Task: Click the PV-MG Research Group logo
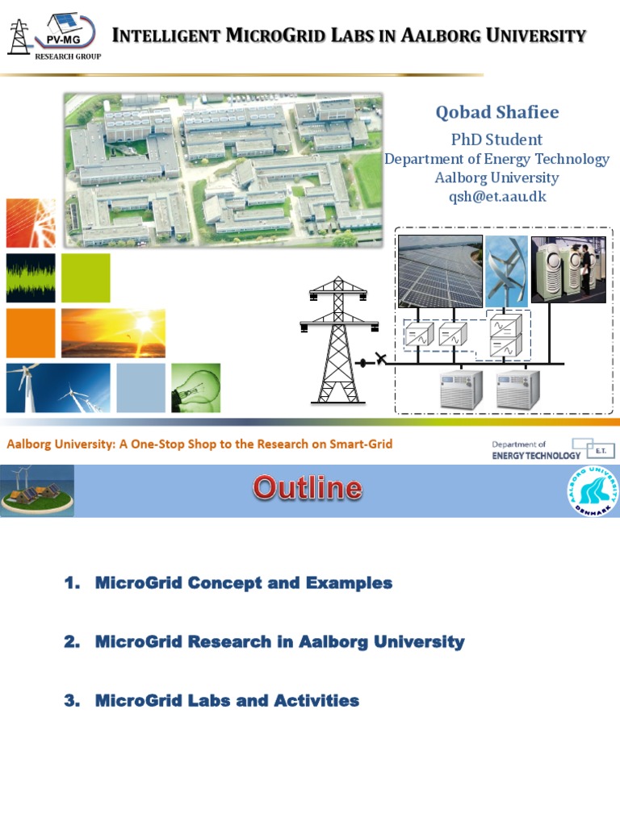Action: coord(54,36)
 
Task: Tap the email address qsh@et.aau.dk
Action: coord(496,197)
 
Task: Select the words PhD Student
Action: coord(496,140)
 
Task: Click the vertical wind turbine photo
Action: coord(507,270)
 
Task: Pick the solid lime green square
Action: coord(86,277)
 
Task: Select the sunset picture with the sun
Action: coord(113,332)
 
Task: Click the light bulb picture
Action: coord(195,387)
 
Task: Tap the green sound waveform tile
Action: coord(31,277)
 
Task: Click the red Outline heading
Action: coord(307,489)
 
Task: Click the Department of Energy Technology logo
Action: coord(553,449)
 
